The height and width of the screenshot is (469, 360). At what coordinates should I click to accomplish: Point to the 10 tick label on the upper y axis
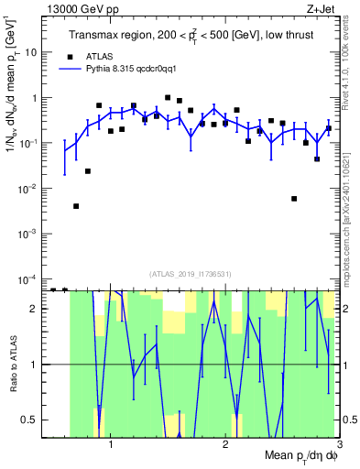(31, 52)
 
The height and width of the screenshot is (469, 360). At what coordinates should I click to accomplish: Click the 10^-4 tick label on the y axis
(27, 278)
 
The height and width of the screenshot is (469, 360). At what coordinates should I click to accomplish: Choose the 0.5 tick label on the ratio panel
(28, 420)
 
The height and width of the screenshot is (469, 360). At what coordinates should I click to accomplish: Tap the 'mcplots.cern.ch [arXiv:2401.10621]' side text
(351, 211)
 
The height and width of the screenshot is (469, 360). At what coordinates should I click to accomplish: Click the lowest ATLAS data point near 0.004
(76, 206)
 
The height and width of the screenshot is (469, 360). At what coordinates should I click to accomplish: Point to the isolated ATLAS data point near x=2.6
(294, 199)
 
